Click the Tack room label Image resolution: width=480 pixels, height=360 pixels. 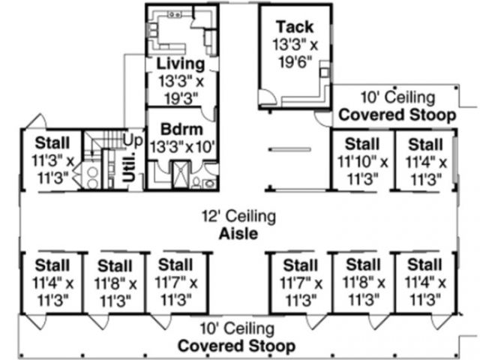click(294, 27)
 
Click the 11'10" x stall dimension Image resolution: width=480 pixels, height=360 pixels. click(362, 160)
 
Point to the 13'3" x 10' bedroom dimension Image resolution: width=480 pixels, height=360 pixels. click(182, 145)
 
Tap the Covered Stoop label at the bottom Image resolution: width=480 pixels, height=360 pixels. click(235, 346)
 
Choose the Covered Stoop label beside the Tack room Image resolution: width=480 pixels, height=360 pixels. click(397, 115)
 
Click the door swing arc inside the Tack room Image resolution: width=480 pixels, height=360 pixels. click(268, 96)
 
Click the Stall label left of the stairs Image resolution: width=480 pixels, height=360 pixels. click(52, 142)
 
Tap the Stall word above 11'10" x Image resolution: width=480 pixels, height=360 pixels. click(362, 143)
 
